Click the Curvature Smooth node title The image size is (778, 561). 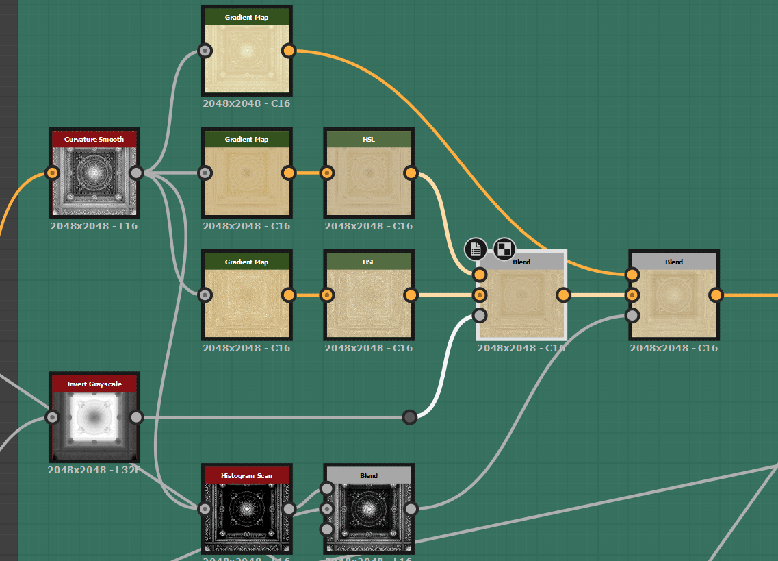(x=94, y=140)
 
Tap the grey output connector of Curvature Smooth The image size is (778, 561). (x=136, y=173)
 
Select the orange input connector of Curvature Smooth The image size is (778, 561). (x=53, y=173)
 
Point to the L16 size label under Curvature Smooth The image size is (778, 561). (x=94, y=226)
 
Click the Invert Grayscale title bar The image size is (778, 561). (x=94, y=384)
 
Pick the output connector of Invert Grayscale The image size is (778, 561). (x=136, y=417)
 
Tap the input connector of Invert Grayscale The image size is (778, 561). (x=53, y=417)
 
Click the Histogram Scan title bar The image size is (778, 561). (x=246, y=475)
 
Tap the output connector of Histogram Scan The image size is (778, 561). (x=289, y=509)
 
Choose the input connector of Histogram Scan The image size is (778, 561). (x=205, y=509)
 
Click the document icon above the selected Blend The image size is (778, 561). (x=476, y=249)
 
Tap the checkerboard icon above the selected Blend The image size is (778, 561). (x=504, y=249)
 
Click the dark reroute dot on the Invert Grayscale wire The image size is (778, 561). (x=409, y=417)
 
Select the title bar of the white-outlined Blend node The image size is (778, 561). (x=521, y=262)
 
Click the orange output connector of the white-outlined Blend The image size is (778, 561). (x=563, y=295)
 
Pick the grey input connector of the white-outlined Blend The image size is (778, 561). (x=480, y=315)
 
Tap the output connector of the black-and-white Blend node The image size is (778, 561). (x=411, y=509)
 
